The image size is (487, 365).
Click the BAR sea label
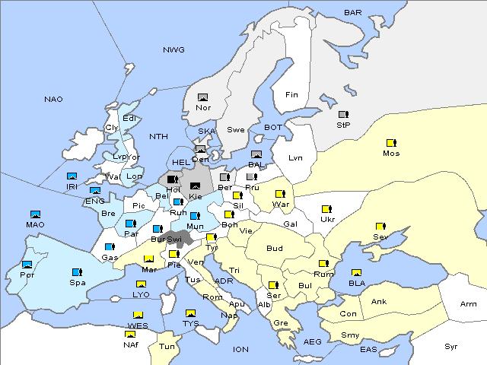(x=353, y=13)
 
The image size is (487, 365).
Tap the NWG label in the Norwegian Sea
(x=173, y=50)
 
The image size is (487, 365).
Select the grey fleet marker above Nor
(x=202, y=97)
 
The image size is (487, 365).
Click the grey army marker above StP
(x=343, y=114)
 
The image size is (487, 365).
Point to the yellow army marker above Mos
(x=391, y=142)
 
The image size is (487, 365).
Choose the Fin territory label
(x=291, y=95)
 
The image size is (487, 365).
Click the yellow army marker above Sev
(x=380, y=227)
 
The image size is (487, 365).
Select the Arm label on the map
(x=469, y=304)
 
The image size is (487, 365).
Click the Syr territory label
(x=452, y=346)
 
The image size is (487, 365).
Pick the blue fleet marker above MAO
(x=35, y=214)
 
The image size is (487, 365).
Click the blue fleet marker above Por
(x=27, y=265)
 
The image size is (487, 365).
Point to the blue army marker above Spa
(x=76, y=271)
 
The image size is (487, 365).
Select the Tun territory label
(x=167, y=346)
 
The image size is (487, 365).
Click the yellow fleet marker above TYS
(x=190, y=313)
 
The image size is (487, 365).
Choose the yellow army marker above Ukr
(x=327, y=209)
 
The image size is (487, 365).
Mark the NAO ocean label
(x=54, y=100)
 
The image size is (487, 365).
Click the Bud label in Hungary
(x=274, y=248)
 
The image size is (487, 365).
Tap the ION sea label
(x=240, y=349)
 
